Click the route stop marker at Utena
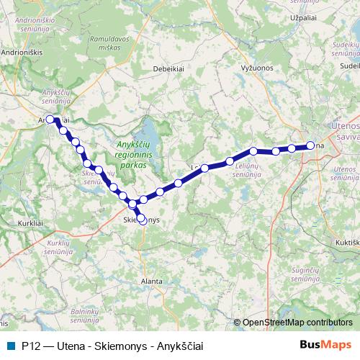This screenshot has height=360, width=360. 310,145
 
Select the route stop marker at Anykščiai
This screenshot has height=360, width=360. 50,120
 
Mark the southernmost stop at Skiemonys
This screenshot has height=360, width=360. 142,221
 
